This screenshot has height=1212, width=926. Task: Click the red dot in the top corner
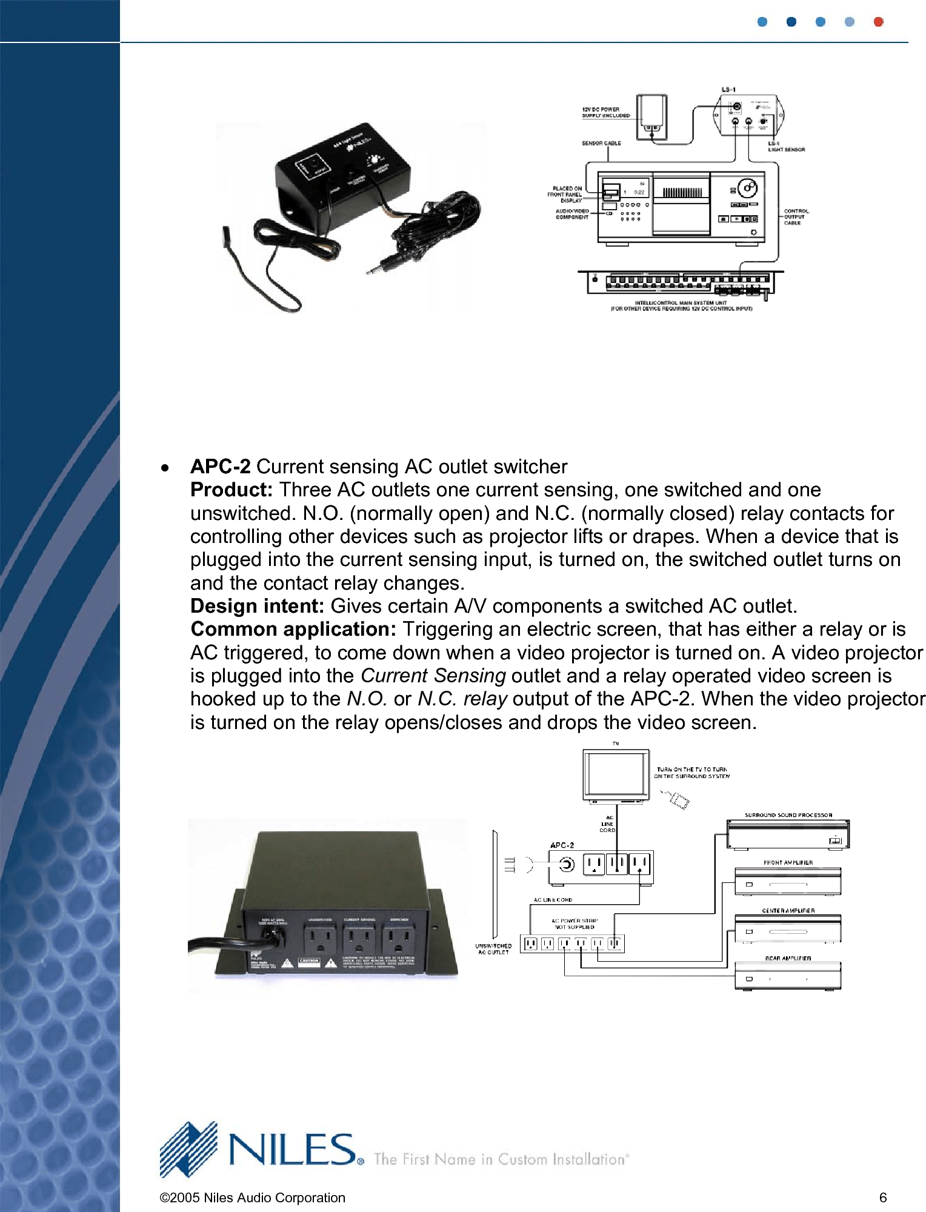(x=878, y=22)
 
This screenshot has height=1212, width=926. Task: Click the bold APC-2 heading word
(x=220, y=466)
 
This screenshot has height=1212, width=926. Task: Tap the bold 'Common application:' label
(x=293, y=629)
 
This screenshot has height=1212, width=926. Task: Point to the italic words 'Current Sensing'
(x=433, y=675)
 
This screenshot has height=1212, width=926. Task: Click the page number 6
(x=883, y=1197)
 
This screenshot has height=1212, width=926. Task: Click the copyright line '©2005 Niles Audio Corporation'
(x=252, y=1197)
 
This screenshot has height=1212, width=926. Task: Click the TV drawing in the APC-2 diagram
(x=616, y=775)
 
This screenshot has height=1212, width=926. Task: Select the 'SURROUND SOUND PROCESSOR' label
(x=788, y=815)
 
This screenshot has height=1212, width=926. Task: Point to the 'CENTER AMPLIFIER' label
(x=788, y=910)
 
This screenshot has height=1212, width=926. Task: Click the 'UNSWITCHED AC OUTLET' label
(x=493, y=948)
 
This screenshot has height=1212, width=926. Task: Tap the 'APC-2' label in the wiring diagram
(x=562, y=845)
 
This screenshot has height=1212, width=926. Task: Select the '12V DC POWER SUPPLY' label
(x=605, y=112)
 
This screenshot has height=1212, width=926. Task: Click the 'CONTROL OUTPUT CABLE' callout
(x=796, y=217)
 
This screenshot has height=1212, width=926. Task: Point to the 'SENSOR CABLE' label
(x=601, y=143)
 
